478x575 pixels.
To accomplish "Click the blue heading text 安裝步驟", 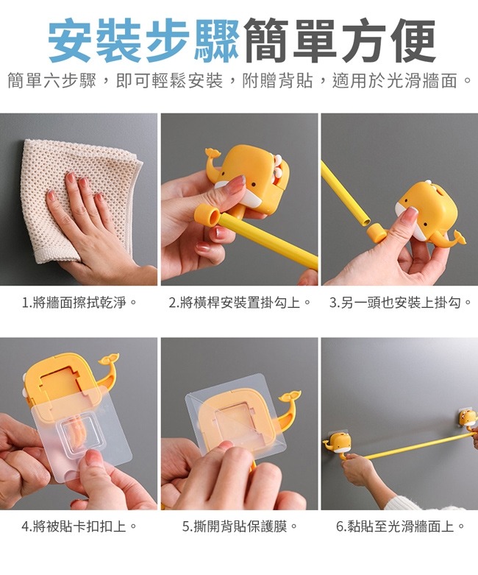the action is tap(144, 40).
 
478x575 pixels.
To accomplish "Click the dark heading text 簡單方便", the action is tap(338, 40).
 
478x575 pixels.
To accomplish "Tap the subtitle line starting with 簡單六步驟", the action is tap(239, 81).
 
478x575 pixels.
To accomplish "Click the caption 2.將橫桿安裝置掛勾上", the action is tap(240, 303).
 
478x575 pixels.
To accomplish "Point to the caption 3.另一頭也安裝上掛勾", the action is tap(400, 303).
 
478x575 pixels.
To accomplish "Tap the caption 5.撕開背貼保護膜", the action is tap(240, 526).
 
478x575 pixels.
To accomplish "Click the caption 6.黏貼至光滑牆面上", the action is tap(400, 526).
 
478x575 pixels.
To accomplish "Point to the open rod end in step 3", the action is tap(365, 220).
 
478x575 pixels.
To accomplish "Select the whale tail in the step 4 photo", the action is tap(109, 370).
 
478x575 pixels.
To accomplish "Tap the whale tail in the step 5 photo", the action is tap(287, 407).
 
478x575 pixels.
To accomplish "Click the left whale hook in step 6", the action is tap(338, 444).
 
